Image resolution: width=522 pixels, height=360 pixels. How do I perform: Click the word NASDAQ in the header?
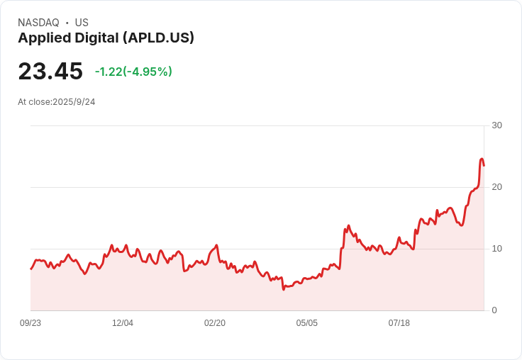[x=38, y=23]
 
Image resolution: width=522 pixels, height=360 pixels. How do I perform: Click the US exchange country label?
[x=82, y=23]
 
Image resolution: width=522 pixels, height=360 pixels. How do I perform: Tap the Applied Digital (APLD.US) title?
[x=106, y=38]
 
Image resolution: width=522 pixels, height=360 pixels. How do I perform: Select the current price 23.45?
[x=50, y=72]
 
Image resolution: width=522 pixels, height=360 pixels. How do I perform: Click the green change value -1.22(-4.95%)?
[x=133, y=72]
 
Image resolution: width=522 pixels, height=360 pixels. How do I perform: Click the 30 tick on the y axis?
[x=496, y=125]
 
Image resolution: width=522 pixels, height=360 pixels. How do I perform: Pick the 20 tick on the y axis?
[x=496, y=187]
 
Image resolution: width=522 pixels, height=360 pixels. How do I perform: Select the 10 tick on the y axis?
[x=496, y=249]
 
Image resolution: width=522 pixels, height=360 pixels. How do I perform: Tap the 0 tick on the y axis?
[x=494, y=310]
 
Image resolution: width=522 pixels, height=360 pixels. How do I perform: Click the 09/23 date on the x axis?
[x=30, y=323]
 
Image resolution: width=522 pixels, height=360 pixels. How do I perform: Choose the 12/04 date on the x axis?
[x=123, y=323]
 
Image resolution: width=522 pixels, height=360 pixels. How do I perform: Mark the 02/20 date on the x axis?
[x=215, y=323]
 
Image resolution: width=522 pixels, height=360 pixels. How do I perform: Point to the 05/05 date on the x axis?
[x=307, y=323]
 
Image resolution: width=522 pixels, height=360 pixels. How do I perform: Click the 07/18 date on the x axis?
[x=399, y=323]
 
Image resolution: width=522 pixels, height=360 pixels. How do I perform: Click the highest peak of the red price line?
[x=482, y=159]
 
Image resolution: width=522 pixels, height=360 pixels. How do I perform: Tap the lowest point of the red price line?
[x=284, y=289]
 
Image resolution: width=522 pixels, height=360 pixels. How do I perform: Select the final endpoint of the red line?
[x=484, y=166]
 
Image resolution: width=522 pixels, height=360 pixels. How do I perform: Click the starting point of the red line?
[x=30, y=269]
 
